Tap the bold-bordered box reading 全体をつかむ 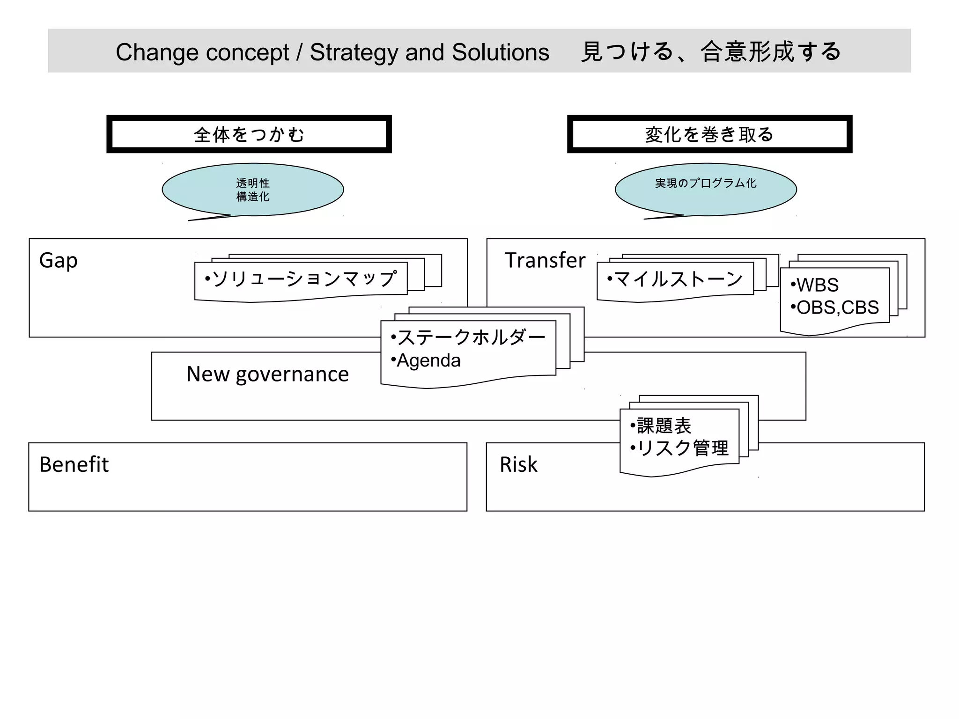coord(249,134)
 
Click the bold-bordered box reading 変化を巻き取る coord(709,134)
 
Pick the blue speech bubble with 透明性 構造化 coord(253,190)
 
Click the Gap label coord(58,260)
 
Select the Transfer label coord(545,260)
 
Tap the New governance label coord(267,374)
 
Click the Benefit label coord(74,464)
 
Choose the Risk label coord(518,464)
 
